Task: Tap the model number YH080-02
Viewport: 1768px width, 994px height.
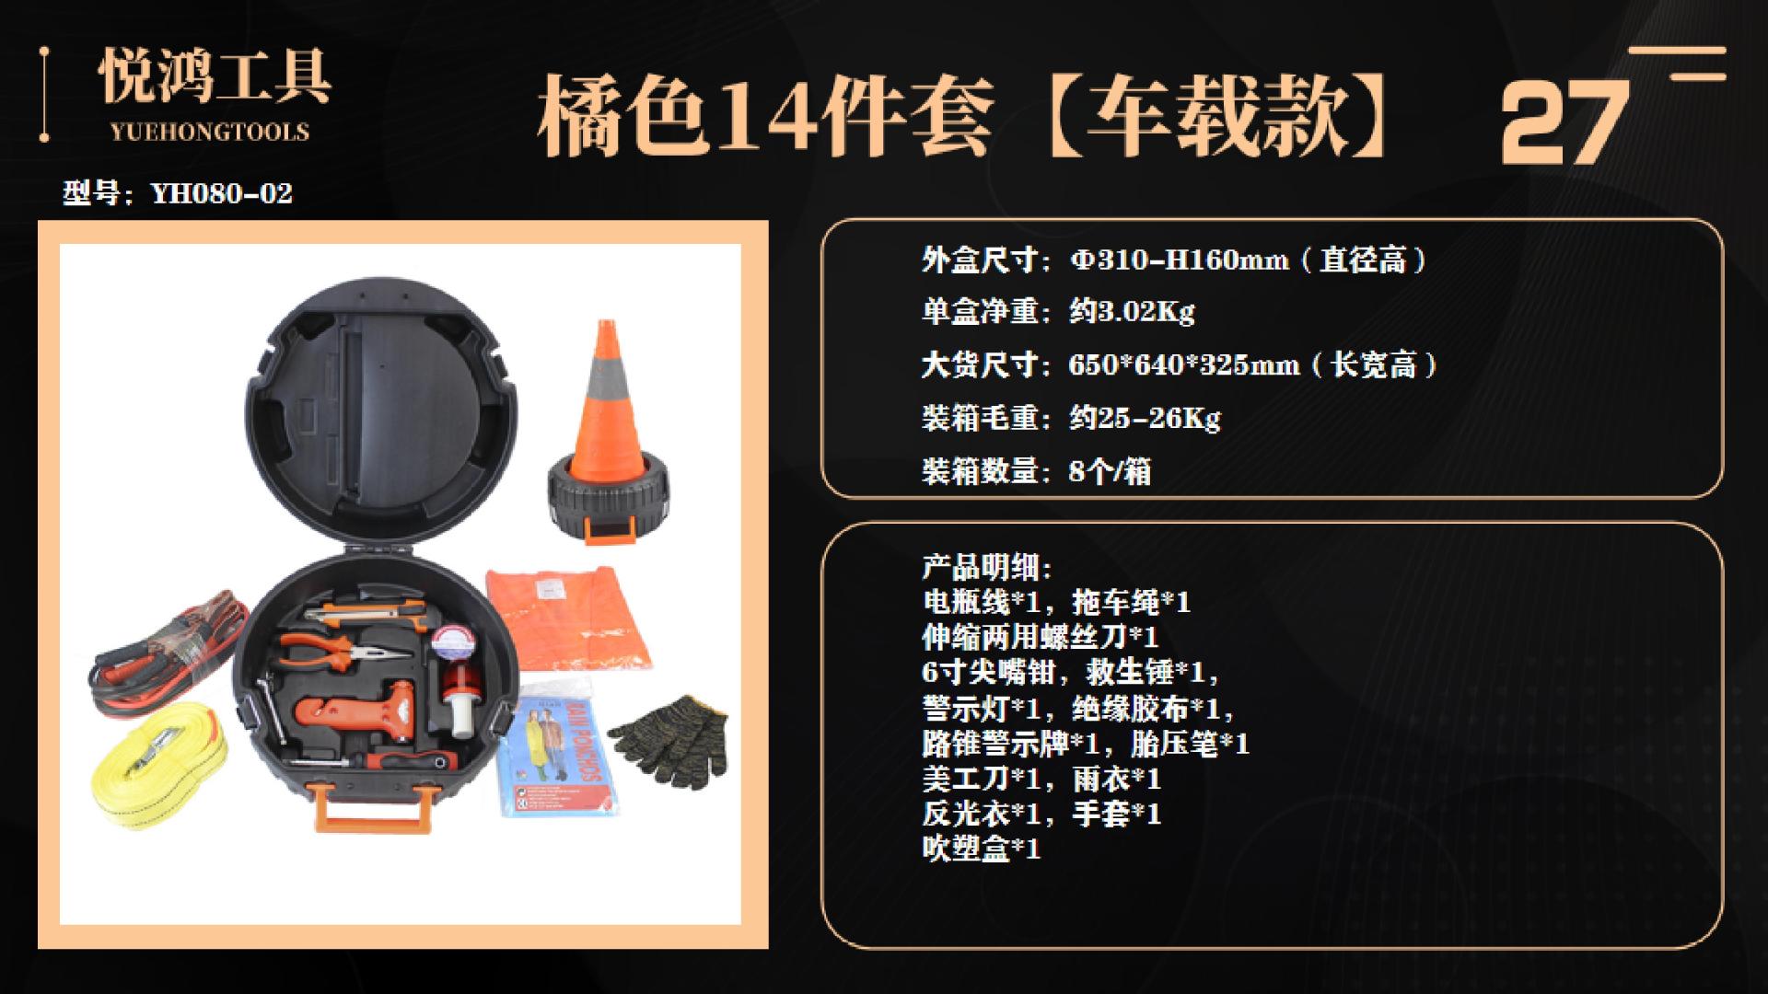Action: click(221, 193)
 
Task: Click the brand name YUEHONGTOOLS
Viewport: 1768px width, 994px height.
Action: click(210, 132)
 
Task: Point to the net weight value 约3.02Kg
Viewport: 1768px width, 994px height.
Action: click(1131, 312)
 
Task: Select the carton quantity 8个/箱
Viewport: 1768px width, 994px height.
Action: click(1110, 472)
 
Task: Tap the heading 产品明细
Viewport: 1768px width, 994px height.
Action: click(986, 567)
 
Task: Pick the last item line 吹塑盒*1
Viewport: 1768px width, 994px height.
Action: click(982, 848)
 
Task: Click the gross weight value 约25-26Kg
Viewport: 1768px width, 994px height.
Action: click(1144, 419)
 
